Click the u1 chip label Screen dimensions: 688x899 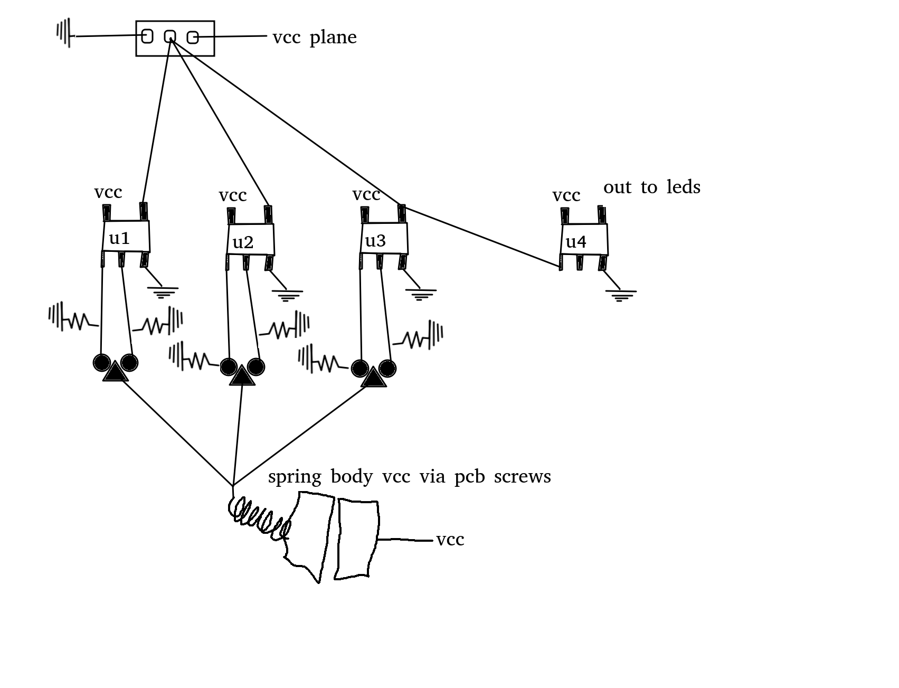[119, 239]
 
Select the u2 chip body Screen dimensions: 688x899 [251, 240]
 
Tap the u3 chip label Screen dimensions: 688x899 [375, 241]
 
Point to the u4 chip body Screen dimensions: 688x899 [584, 240]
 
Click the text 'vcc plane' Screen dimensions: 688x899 [315, 37]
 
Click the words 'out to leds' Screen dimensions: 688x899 [651, 187]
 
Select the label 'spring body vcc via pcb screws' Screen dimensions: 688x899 [409, 476]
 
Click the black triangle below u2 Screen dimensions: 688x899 [242, 376]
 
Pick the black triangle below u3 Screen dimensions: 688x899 [373, 378]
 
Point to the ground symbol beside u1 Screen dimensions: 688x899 [163, 292]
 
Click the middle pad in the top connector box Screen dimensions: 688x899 [169, 36]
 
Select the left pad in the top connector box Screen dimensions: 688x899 [147, 36]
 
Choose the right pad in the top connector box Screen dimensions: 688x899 [193, 37]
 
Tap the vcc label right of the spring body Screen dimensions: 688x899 [450, 540]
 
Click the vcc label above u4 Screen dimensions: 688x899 [566, 195]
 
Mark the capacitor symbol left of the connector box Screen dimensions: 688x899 [64, 33]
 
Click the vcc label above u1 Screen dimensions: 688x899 [108, 192]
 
